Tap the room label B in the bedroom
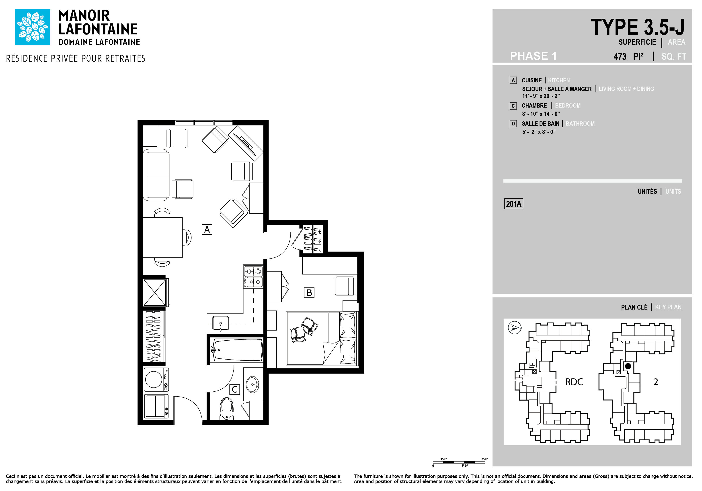click(309, 293)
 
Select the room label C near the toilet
click(235, 389)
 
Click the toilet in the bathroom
click(227, 409)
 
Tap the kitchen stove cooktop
click(253, 277)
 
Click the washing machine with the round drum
click(156, 379)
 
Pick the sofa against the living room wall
click(156, 175)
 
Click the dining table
click(163, 237)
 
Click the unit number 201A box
click(514, 204)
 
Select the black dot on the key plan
click(628, 366)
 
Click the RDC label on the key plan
click(574, 382)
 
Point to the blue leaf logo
click(33, 27)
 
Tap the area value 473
click(620, 57)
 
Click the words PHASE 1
click(533, 56)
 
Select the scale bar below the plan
click(459, 462)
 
